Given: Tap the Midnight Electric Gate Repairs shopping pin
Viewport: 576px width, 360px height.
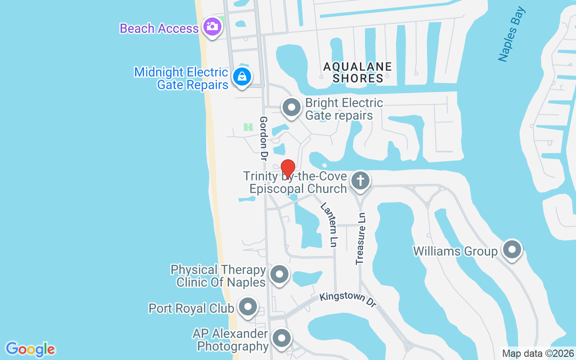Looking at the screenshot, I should tap(242, 76).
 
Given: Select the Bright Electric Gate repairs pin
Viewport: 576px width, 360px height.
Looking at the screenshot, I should tap(291, 108).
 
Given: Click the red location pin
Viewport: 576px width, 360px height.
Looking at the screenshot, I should tap(288, 169).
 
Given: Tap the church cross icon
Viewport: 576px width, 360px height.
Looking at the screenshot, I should tap(360, 180).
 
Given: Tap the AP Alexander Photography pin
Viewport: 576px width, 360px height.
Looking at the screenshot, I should tap(282, 338).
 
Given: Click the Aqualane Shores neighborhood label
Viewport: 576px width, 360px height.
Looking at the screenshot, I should tap(358, 72).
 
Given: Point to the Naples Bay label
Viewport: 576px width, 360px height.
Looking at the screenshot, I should tap(512, 34).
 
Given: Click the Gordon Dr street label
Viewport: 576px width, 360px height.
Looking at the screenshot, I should tap(264, 139).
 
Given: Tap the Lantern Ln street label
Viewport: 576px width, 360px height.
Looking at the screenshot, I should tap(328, 225).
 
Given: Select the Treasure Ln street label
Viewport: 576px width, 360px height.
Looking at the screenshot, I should tap(361, 238).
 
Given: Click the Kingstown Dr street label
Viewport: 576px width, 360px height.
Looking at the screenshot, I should tap(348, 300).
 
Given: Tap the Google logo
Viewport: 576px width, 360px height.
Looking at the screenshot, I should tap(31, 349).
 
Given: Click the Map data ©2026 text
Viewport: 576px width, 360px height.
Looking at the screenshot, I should tap(538, 353).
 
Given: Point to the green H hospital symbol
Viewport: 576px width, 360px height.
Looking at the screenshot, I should tap(248, 127).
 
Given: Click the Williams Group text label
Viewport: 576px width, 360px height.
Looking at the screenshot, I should tap(455, 251).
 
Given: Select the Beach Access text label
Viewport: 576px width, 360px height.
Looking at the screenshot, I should tap(159, 28).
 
